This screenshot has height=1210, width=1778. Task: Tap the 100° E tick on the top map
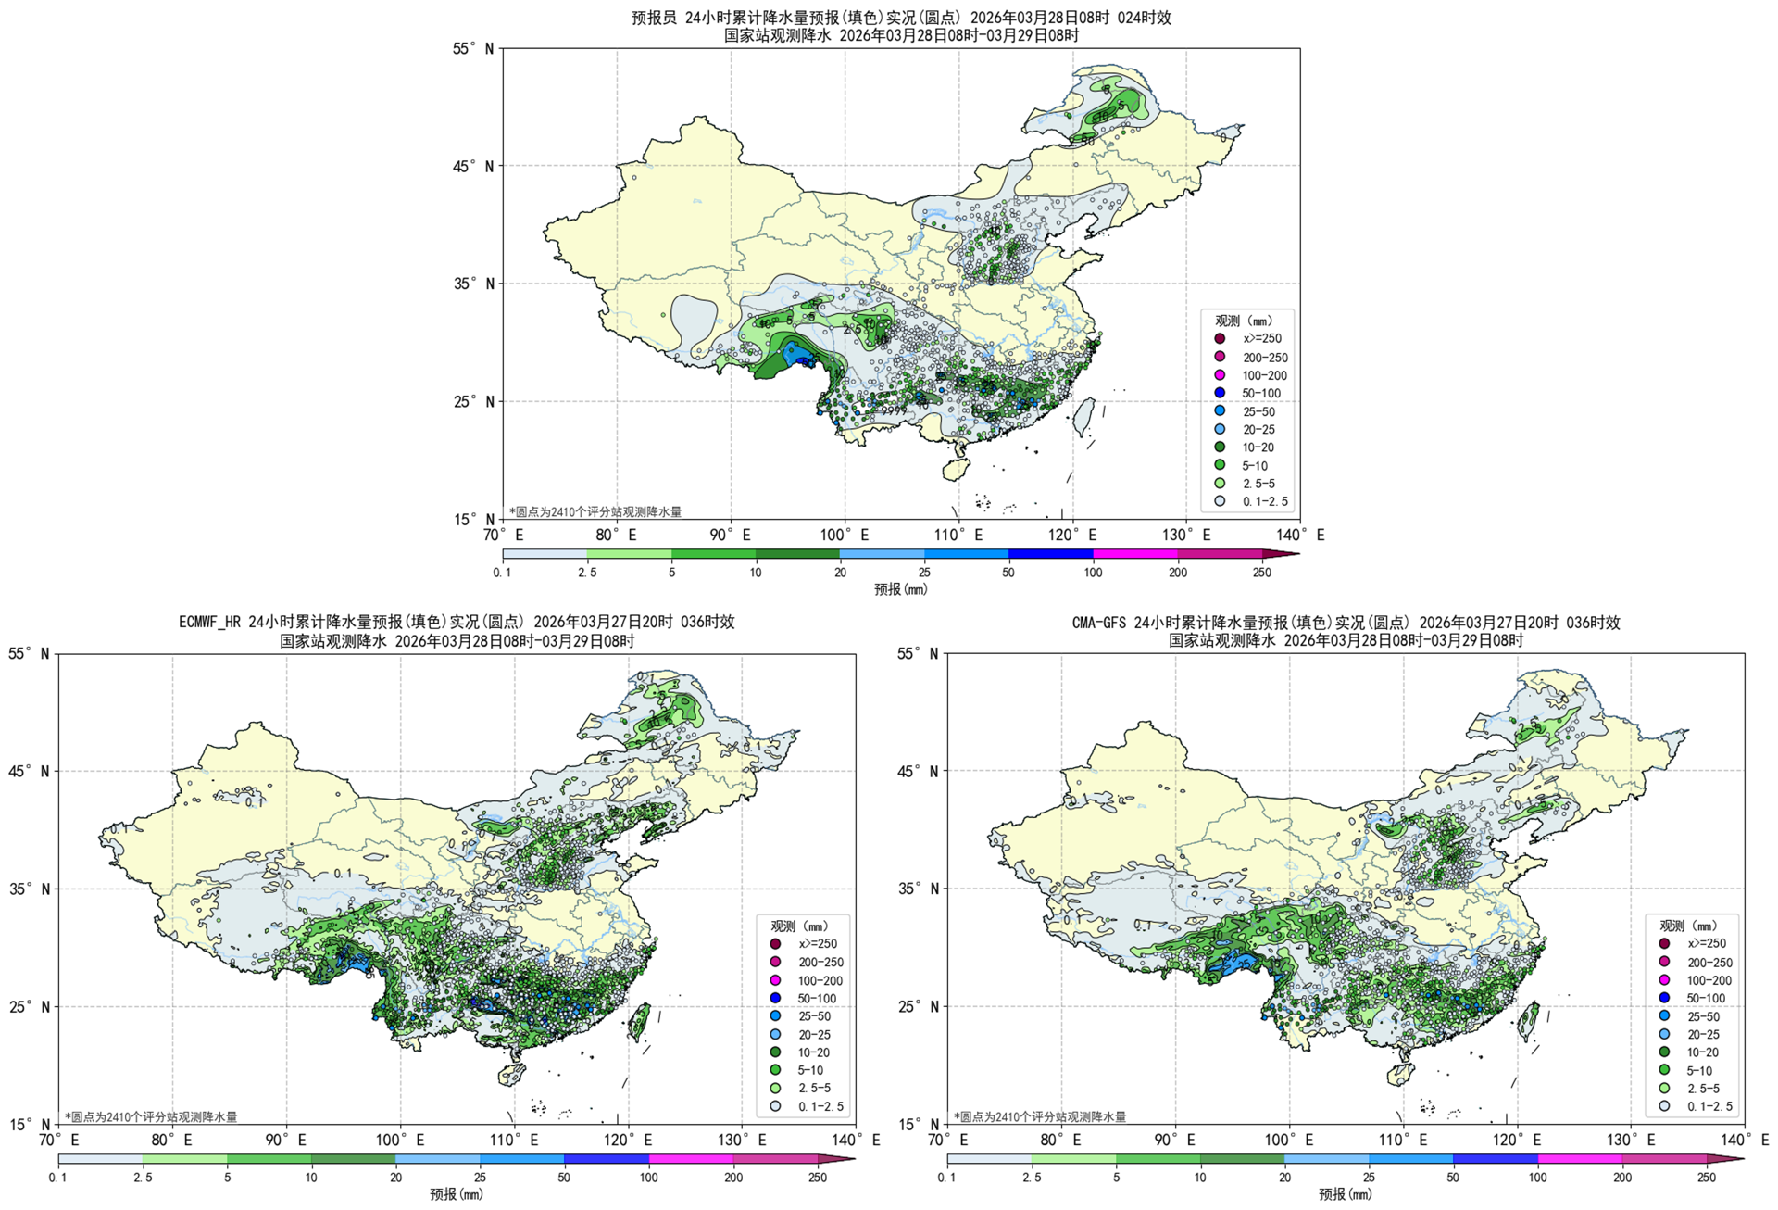[x=844, y=535]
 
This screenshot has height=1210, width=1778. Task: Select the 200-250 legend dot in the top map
[x=1220, y=357]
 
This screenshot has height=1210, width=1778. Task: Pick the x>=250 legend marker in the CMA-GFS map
[x=1664, y=944]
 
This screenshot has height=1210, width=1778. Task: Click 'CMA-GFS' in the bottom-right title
[x=1100, y=623]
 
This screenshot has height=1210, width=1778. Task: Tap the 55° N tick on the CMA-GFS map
[x=919, y=654]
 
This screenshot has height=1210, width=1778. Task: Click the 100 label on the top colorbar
[x=1093, y=573]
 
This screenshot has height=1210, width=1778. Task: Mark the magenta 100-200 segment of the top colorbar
[x=1135, y=554]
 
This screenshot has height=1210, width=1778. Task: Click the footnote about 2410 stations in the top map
[x=595, y=511]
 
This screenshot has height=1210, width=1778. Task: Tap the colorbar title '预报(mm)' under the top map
[x=900, y=589]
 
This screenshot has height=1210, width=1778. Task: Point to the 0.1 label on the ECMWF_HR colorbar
[x=57, y=1178]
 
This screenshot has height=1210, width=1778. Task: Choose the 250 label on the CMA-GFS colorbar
[x=1707, y=1178]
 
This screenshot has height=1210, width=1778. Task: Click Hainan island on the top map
[x=956, y=468]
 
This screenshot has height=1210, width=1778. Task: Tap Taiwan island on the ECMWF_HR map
[x=640, y=1021]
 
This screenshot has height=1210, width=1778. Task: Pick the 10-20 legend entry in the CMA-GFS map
[x=1702, y=1052]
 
